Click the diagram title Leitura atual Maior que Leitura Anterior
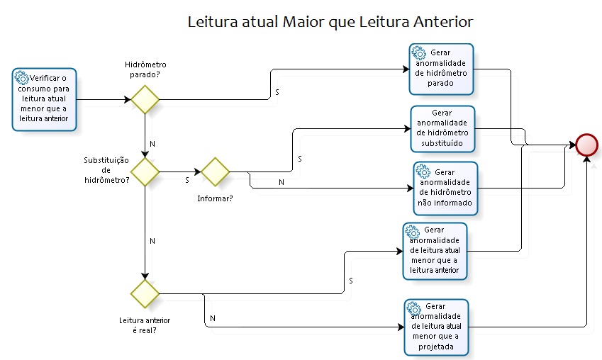coord(330,22)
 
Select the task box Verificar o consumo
coord(44,99)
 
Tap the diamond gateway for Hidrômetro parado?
coord(145,99)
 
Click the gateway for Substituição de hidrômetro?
coord(145,171)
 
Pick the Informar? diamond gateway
coord(216,171)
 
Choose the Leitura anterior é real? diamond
coord(145,293)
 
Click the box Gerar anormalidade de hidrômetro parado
coord(441,69)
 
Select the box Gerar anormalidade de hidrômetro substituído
coord(442,129)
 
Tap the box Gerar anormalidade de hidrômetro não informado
coord(445,188)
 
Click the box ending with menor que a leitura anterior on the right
coord(435,250)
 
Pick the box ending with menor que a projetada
coord(437,327)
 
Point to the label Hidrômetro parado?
coord(145,69)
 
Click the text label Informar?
coord(215,198)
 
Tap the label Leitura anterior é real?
coord(145,325)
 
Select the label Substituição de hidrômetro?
coord(106,170)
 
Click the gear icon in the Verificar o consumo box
coord(21,77)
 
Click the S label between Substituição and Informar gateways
coord(187,180)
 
